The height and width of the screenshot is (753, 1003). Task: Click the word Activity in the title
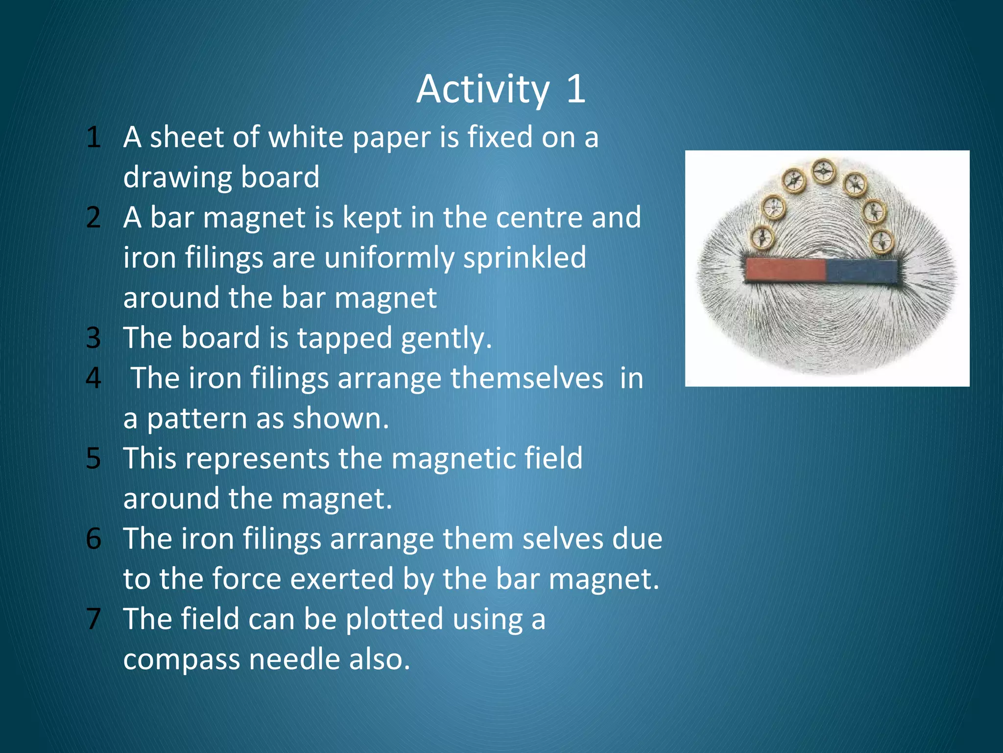pyautogui.click(x=483, y=90)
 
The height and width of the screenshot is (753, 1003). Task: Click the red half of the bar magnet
pyautogui.click(x=785, y=271)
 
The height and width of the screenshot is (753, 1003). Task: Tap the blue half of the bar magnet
pyautogui.click(x=861, y=271)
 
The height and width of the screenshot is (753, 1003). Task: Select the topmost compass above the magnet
pyautogui.click(x=824, y=171)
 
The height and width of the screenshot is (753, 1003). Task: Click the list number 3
pyautogui.click(x=93, y=338)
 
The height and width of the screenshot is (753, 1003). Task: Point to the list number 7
pyautogui.click(x=93, y=619)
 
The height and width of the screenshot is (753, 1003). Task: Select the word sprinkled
pyautogui.click(x=525, y=258)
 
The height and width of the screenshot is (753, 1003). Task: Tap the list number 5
pyautogui.click(x=93, y=459)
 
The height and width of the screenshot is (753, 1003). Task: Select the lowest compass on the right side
pyautogui.click(x=882, y=241)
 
